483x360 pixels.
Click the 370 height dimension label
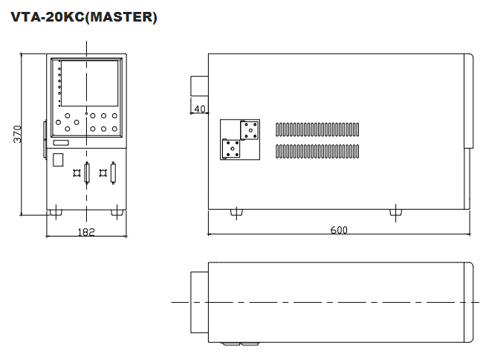(17, 133)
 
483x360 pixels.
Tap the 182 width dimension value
(86, 231)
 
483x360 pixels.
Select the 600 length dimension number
(339, 231)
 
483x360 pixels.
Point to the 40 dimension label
(199, 109)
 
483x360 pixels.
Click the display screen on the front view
(88, 83)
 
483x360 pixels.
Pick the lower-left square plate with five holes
(232, 149)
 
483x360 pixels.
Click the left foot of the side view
(236, 213)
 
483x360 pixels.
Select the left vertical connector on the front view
(86, 173)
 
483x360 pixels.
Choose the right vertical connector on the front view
(113, 173)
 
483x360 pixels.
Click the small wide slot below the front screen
(61, 142)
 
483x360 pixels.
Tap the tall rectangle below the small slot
(59, 158)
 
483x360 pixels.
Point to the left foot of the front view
(59, 213)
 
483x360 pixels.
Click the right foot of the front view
(116, 213)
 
